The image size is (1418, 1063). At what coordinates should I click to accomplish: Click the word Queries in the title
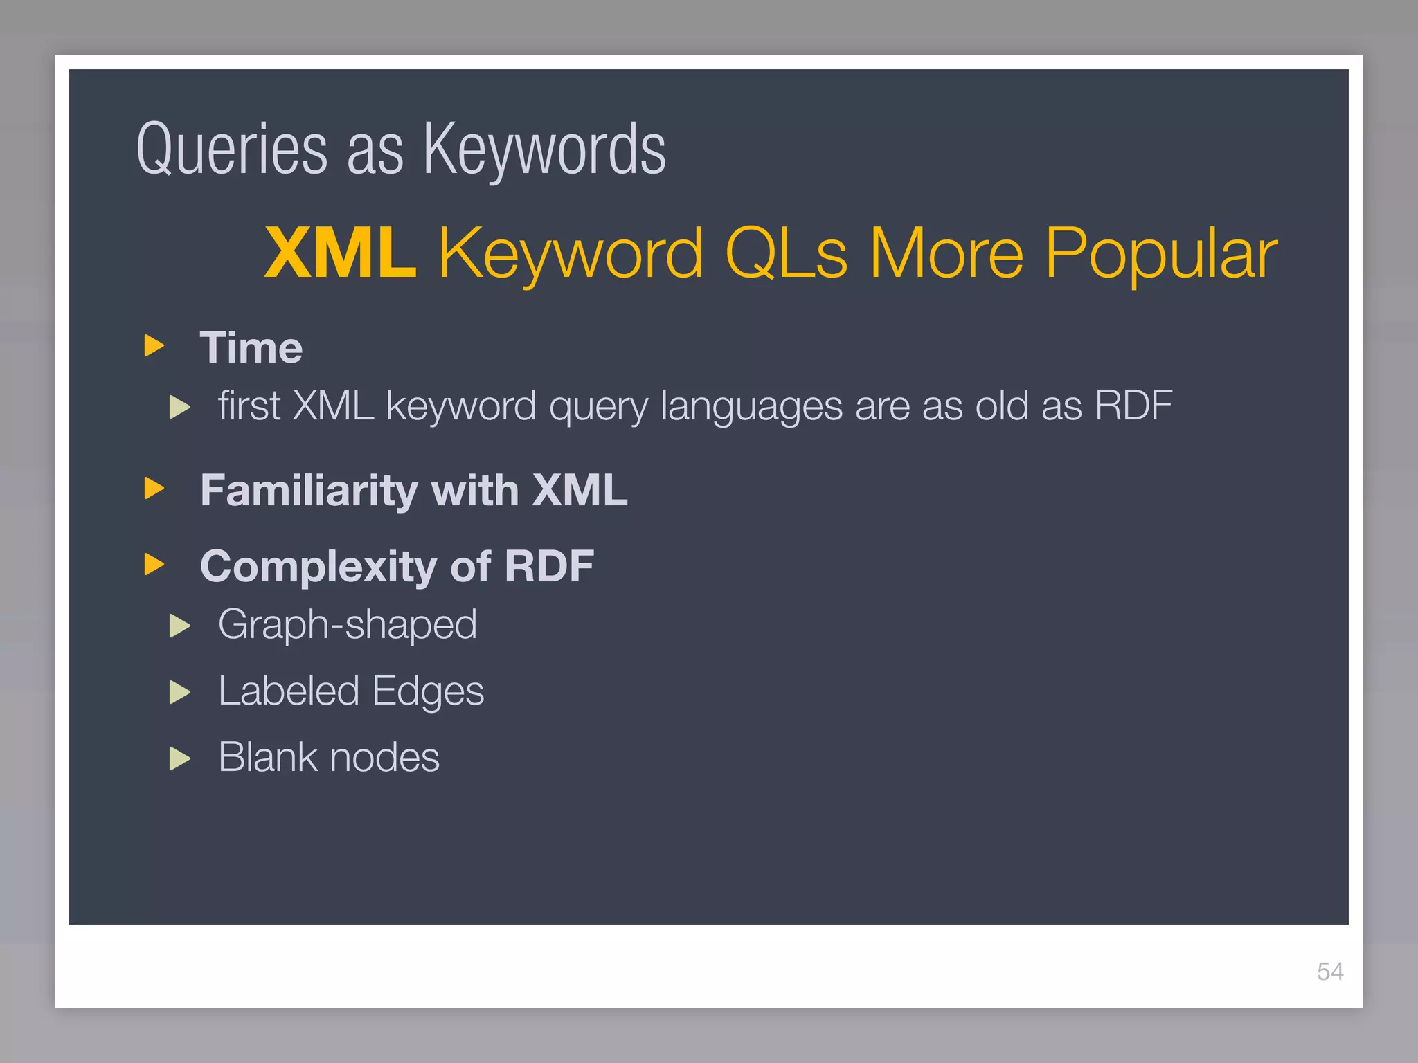[x=231, y=150]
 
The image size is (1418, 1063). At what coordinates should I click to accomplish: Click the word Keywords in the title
[x=544, y=150]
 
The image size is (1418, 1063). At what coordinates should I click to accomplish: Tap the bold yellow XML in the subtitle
[x=341, y=253]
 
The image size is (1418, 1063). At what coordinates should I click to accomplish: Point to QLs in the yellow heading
[x=786, y=253]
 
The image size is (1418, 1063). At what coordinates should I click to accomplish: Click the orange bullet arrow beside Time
[x=154, y=345]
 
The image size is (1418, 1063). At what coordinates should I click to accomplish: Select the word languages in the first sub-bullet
[x=751, y=406]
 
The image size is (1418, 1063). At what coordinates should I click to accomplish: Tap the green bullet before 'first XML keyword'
[x=179, y=407]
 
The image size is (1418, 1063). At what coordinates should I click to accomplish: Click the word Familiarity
[x=308, y=490]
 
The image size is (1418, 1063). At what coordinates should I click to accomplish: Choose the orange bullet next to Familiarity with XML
[x=154, y=489]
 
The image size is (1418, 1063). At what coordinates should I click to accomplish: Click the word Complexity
[x=318, y=567]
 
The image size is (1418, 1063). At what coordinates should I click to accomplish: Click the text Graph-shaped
[x=348, y=625]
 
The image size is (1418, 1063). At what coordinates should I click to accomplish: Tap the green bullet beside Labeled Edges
[x=179, y=692]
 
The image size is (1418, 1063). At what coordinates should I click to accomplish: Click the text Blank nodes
[x=329, y=757]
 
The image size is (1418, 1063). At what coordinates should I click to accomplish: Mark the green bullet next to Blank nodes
[x=179, y=758]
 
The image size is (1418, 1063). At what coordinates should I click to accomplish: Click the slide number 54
[x=1329, y=972]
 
